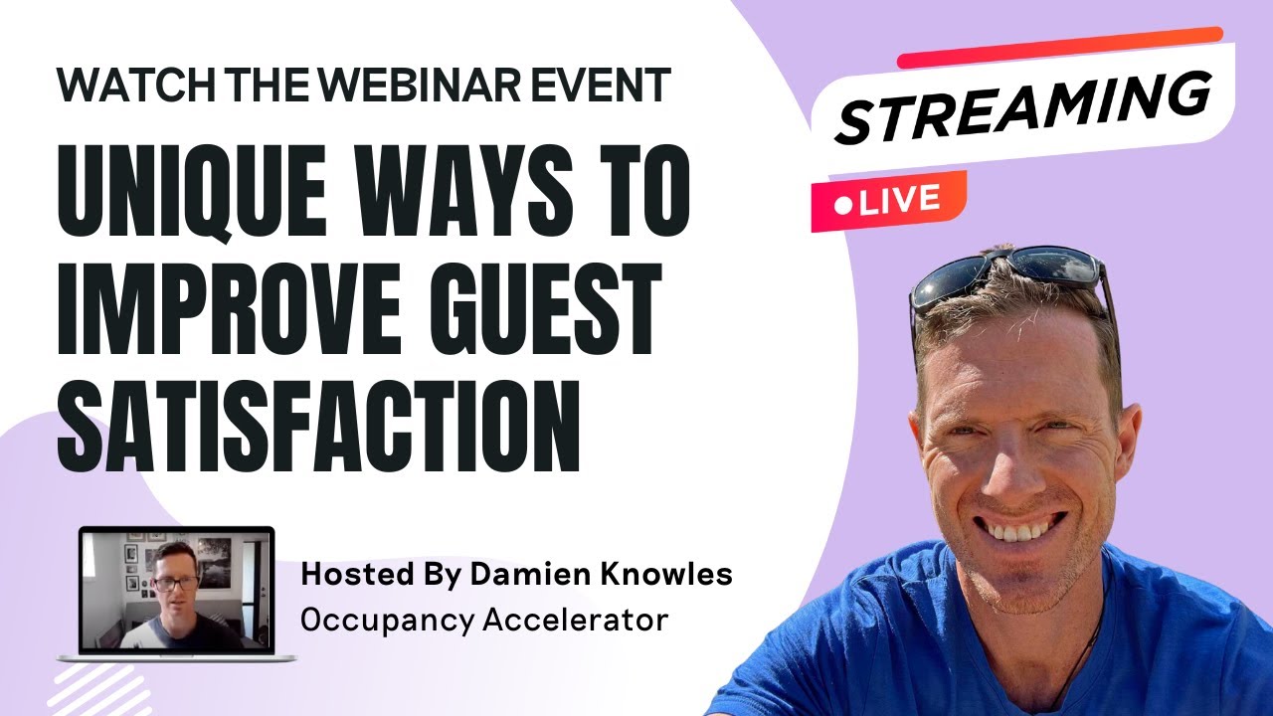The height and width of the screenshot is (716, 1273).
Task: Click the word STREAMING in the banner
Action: pyautogui.click(x=1023, y=108)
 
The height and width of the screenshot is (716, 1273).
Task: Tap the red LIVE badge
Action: pyautogui.click(x=888, y=201)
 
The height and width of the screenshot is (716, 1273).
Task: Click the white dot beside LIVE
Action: pyautogui.click(x=844, y=206)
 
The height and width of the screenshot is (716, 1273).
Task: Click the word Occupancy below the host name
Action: pyautogui.click(x=386, y=620)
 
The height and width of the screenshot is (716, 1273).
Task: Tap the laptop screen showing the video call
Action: pyautogui.click(x=175, y=590)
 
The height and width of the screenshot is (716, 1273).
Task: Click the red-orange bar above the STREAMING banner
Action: pyautogui.click(x=1059, y=48)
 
